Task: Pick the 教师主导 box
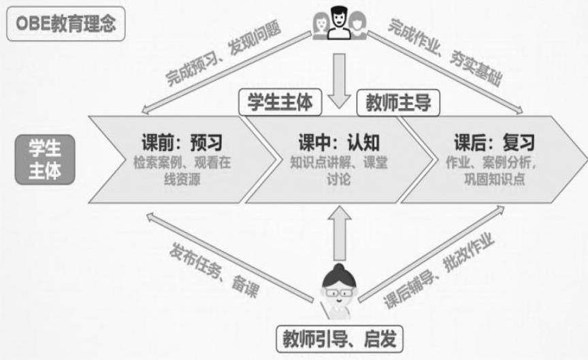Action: [x=398, y=102]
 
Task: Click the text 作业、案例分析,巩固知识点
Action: [x=494, y=171]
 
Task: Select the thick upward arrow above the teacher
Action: [x=338, y=231]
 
